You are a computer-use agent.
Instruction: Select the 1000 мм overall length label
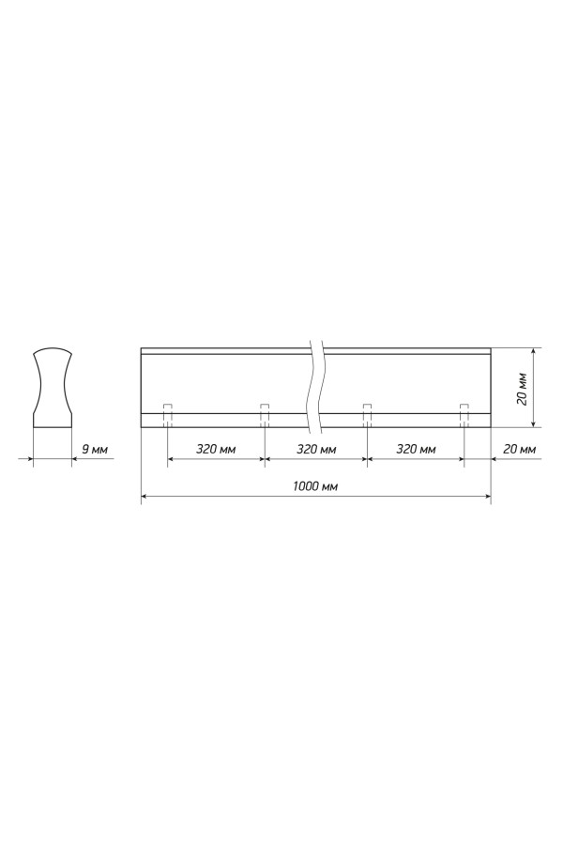coord(315,486)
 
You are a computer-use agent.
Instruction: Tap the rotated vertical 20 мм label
coord(522,388)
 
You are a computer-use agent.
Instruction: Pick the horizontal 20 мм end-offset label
coord(520,449)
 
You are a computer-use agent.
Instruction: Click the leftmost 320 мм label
coord(216,449)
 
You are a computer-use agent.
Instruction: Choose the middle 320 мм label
coord(316,449)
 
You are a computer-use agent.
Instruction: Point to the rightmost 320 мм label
coord(416,449)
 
